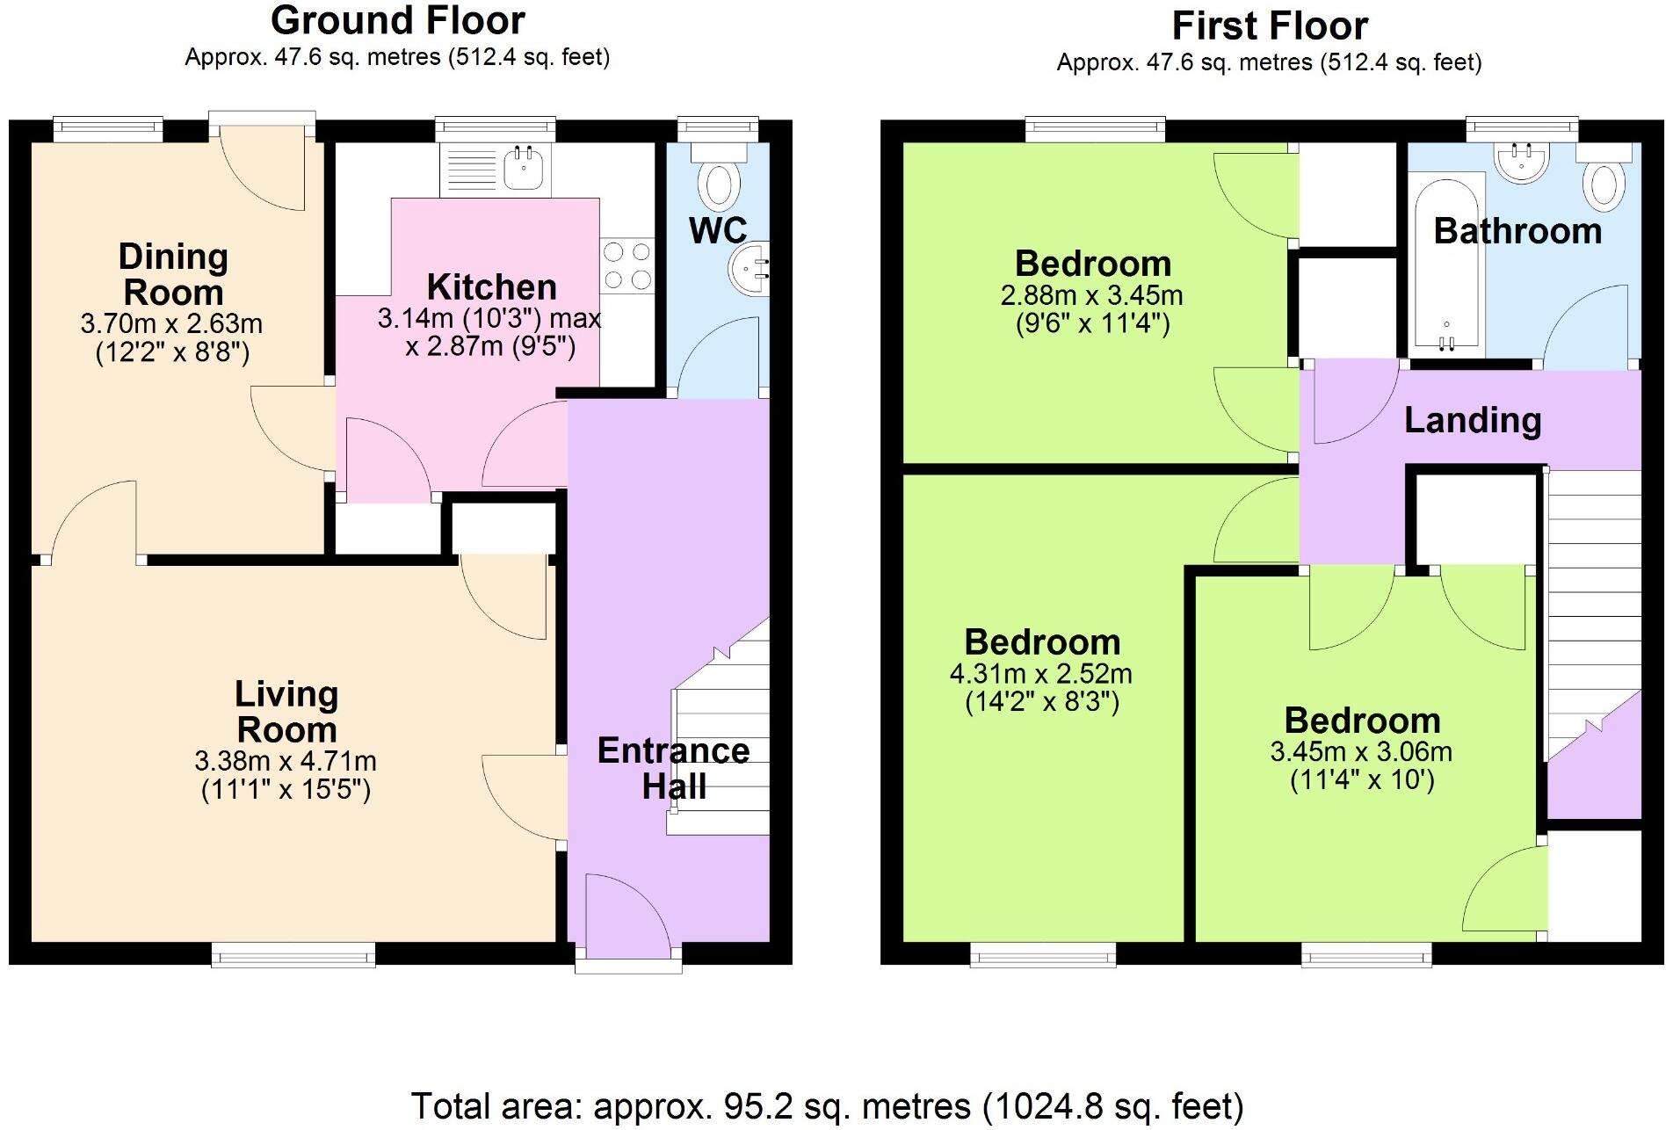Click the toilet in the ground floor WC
click(x=719, y=179)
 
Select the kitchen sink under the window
click(x=525, y=167)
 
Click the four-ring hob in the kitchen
click(x=627, y=266)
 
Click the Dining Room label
click(x=173, y=274)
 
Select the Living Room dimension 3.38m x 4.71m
click(x=286, y=761)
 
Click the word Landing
click(x=1473, y=420)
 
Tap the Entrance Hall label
click(x=673, y=768)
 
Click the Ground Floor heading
click(x=397, y=20)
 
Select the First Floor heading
click(x=1270, y=26)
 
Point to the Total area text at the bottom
click(x=827, y=1106)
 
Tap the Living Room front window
click(x=293, y=954)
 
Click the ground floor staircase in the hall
click(x=719, y=747)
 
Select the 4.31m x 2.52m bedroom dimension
click(x=1040, y=674)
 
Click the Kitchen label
click(x=491, y=287)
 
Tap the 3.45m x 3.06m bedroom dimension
click(x=1360, y=752)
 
